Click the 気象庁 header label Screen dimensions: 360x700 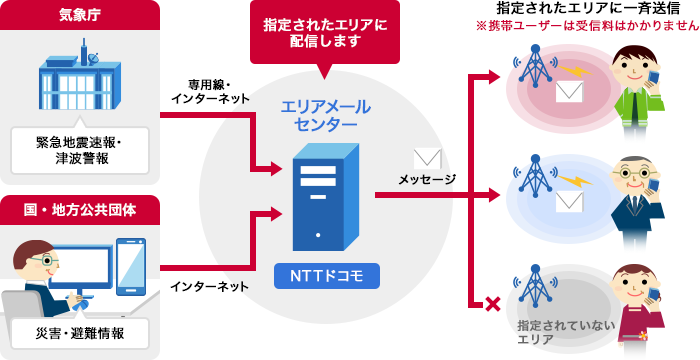point(79,14)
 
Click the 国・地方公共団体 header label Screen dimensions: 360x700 point(79,209)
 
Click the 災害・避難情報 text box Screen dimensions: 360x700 point(79,333)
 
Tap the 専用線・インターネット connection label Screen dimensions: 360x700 point(207,90)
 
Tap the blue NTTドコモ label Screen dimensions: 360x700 point(322,275)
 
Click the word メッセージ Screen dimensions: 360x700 point(427,180)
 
